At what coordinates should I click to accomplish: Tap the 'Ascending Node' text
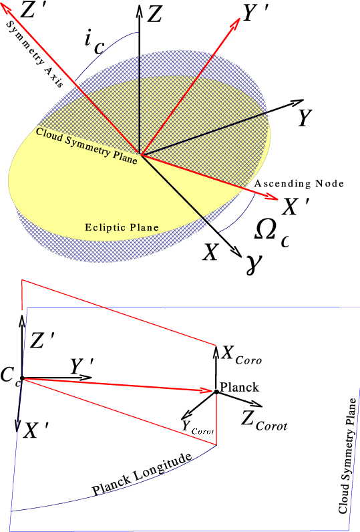(x=299, y=184)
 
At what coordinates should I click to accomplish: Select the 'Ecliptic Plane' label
(x=122, y=227)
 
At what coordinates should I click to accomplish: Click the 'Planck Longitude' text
(x=142, y=474)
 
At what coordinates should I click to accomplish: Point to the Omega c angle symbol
(x=271, y=233)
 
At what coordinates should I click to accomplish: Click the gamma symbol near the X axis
(x=254, y=265)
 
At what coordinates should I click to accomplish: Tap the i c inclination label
(x=94, y=43)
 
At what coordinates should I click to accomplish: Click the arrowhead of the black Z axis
(x=140, y=10)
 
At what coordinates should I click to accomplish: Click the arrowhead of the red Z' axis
(x=7, y=12)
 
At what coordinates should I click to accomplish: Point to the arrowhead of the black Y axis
(x=297, y=102)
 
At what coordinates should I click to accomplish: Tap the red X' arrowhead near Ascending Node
(x=272, y=196)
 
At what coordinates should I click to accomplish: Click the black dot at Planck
(x=216, y=392)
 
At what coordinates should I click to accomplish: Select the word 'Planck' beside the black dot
(x=239, y=387)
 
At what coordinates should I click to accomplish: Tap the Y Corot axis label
(x=198, y=428)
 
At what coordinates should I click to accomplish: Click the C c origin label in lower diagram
(x=11, y=376)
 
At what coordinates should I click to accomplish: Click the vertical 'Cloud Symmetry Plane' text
(x=347, y=456)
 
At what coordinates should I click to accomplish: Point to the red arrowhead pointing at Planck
(x=206, y=390)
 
